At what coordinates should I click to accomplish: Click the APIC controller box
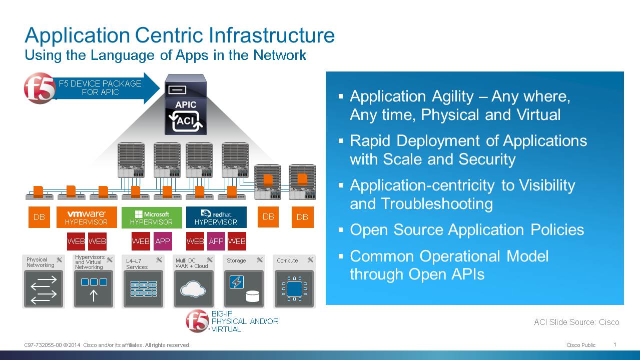tap(186, 104)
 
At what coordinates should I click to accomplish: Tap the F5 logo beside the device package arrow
tap(40, 88)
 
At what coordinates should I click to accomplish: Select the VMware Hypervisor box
tap(87, 217)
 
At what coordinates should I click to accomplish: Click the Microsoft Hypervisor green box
tap(152, 217)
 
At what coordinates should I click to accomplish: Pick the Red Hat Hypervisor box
tap(216, 217)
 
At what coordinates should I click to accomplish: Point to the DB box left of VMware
tap(39, 217)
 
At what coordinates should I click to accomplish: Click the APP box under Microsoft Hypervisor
tap(163, 241)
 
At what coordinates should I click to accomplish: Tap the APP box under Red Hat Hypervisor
tap(216, 241)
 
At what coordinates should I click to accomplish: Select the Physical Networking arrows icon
tap(44, 289)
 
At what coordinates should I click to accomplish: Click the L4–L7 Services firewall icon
tap(143, 289)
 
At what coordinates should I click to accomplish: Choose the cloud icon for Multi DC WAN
tap(194, 289)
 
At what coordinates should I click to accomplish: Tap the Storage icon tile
tap(244, 289)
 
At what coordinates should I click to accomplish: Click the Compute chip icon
tap(294, 289)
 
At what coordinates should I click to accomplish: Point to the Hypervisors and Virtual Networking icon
tap(94, 289)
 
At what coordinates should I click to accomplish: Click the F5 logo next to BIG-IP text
tap(198, 321)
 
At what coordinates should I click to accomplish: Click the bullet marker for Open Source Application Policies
tap(341, 230)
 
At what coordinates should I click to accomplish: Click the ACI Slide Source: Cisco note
tap(576, 322)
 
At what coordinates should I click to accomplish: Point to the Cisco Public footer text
tap(581, 345)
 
